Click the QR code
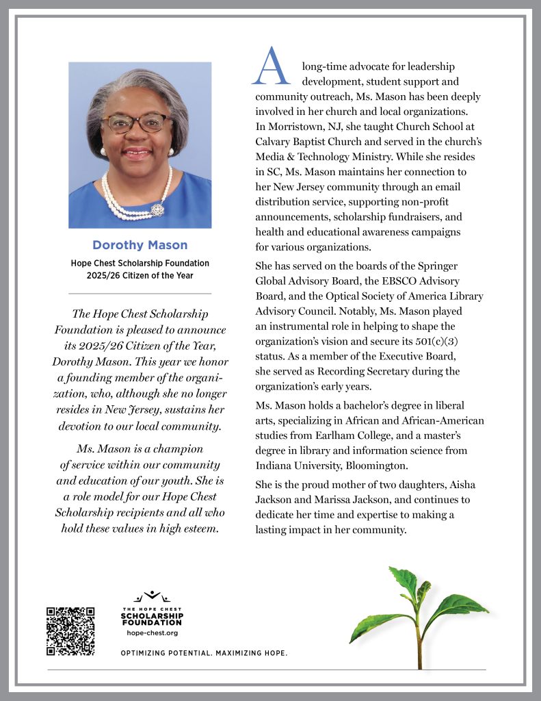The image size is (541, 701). point(70,631)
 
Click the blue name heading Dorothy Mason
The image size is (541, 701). point(140,245)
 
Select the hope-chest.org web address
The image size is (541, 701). point(152,633)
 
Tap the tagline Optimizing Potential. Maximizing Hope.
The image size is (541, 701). point(204,654)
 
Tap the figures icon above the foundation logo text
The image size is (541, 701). point(152,597)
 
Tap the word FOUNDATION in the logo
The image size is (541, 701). point(152,623)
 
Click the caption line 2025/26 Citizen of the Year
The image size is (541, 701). point(140,276)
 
